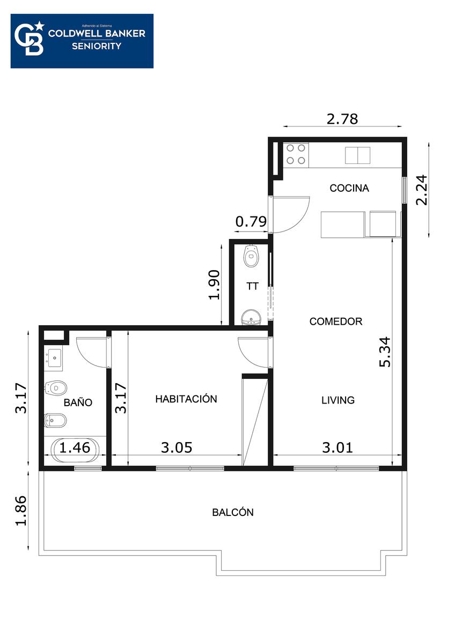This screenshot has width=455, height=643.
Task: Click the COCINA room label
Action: [x=349, y=188]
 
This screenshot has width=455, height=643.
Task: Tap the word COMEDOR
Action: [x=335, y=321]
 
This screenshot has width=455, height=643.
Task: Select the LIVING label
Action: [x=337, y=400]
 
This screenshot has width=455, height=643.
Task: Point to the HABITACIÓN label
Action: [x=186, y=399]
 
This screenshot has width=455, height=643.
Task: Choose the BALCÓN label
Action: [x=232, y=512]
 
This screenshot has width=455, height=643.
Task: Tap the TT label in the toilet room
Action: [x=252, y=286]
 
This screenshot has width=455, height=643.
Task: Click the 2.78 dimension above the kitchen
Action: [x=342, y=119]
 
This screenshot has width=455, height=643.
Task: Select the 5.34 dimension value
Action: [x=385, y=352]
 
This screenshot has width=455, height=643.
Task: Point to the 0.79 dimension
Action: [x=251, y=222]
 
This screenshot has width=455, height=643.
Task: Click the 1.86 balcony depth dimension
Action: [x=21, y=511]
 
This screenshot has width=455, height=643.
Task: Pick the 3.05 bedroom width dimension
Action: [x=177, y=447]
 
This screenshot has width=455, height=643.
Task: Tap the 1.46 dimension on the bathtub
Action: [x=75, y=447]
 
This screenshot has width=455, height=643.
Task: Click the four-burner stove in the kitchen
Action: [x=296, y=155]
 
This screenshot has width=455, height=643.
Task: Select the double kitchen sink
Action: [x=357, y=155]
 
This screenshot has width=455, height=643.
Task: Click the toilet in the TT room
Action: [x=252, y=256]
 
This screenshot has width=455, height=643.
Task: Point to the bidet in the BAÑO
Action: [x=56, y=421]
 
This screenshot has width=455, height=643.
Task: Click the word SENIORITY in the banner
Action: [x=97, y=46]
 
